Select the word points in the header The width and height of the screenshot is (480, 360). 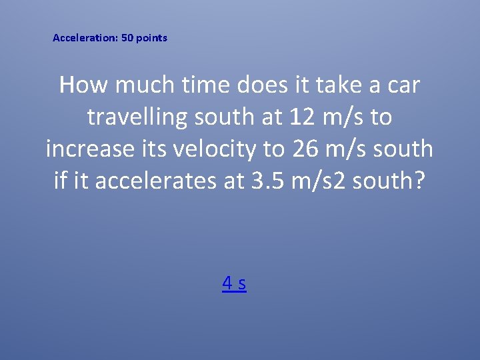pos(152,38)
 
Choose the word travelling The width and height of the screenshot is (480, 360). pos(137,117)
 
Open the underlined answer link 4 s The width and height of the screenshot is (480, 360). pos(234,283)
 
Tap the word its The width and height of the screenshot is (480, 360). pos(157,149)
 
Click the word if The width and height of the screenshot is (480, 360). pos(61,180)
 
